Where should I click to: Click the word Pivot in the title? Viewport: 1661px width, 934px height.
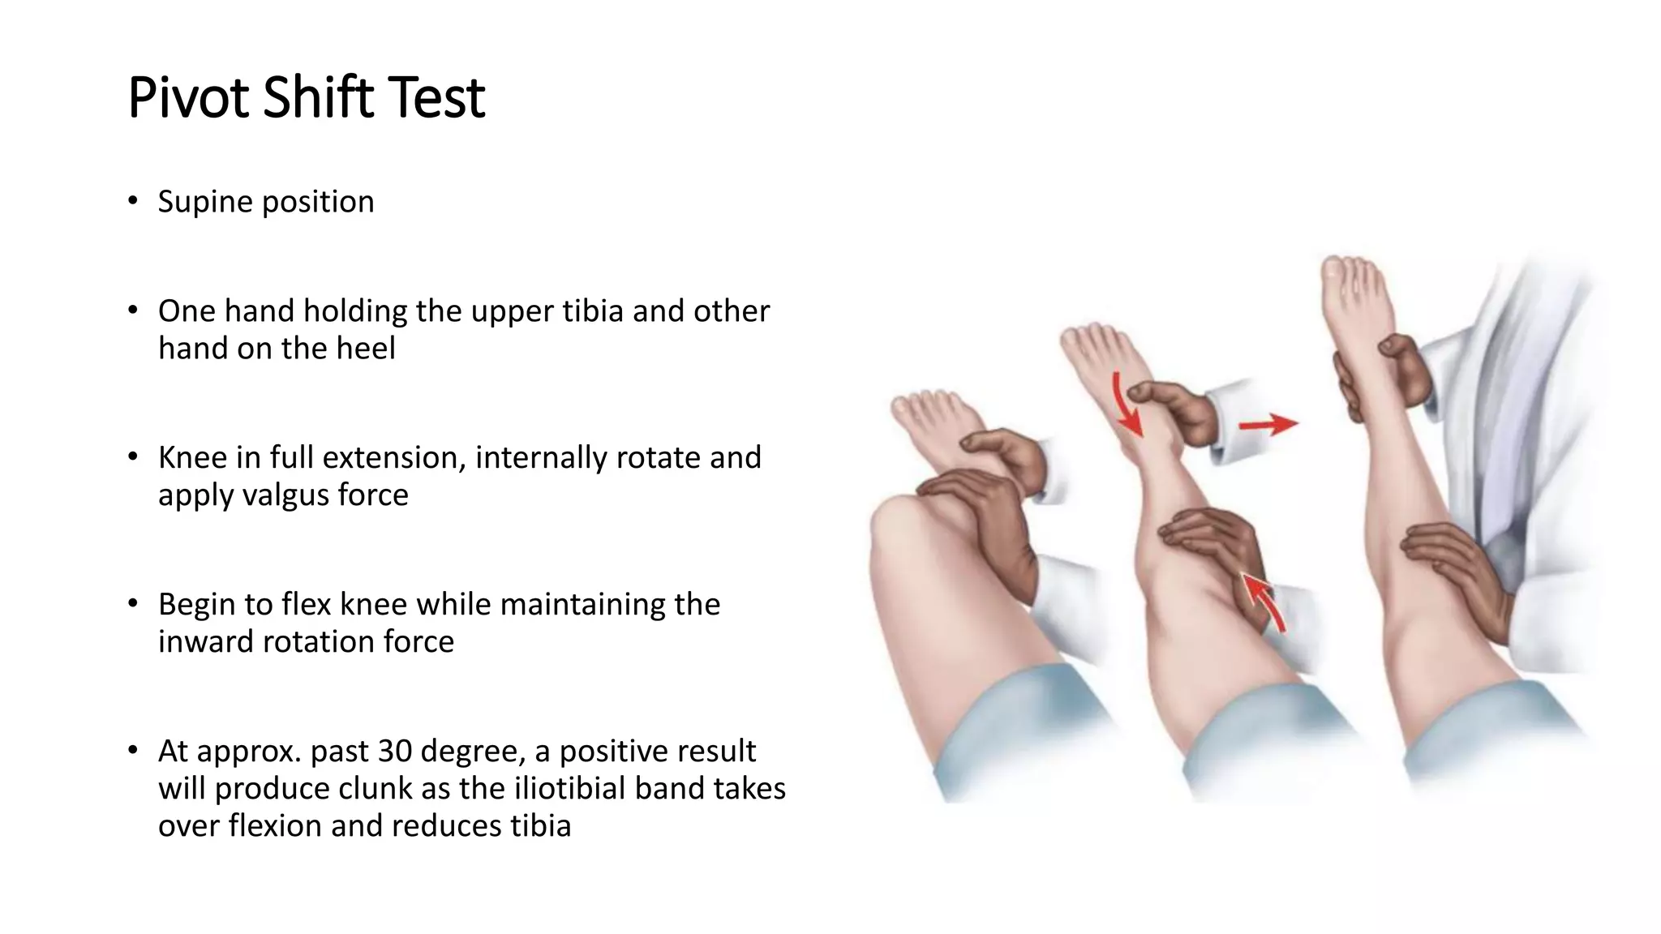coord(189,98)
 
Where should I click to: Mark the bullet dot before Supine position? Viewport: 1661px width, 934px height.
coord(133,201)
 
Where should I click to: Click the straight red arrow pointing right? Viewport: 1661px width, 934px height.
coord(1268,423)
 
